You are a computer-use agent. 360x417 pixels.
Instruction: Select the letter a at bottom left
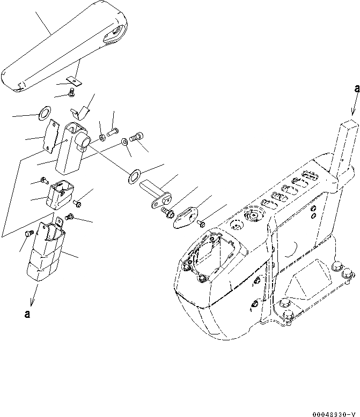point(26,315)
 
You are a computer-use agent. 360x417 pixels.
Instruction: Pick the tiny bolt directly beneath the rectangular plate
point(71,94)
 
